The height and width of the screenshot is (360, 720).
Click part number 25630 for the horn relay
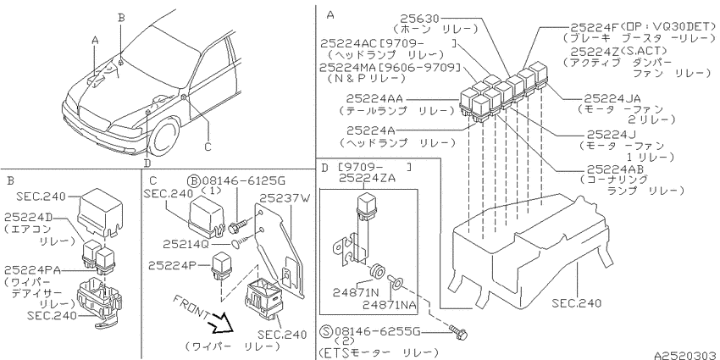pyautogui.click(x=419, y=19)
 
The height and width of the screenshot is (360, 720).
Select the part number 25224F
pyautogui.click(x=595, y=27)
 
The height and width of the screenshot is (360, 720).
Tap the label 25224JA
pyautogui.click(x=612, y=98)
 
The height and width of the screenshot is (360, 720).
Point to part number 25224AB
pyautogui.click(x=616, y=169)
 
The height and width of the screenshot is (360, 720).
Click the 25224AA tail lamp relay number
pyautogui.click(x=374, y=99)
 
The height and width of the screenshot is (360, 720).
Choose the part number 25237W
pyautogui.click(x=285, y=198)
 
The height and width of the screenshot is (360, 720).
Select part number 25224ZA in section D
pyautogui.click(x=367, y=179)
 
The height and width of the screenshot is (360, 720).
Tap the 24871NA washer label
pyautogui.click(x=390, y=304)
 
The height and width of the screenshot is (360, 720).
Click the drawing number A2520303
pyautogui.click(x=686, y=356)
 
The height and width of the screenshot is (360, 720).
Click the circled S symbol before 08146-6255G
pyautogui.click(x=326, y=331)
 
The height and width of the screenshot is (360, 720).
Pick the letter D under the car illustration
pyautogui.click(x=147, y=163)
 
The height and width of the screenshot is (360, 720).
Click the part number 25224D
pyautogui.click(x=28, y=216)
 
